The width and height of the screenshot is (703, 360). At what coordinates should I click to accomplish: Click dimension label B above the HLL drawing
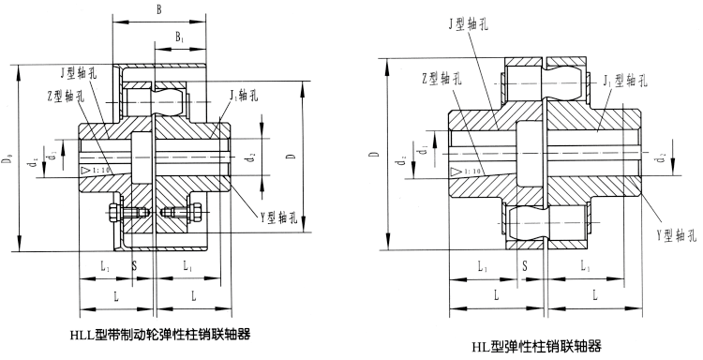coord(158,10)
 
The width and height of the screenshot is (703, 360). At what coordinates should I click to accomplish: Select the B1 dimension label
coord(179,37)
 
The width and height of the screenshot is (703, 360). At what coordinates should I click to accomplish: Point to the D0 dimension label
coord(9,163)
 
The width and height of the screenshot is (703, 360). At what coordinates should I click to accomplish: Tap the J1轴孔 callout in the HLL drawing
coord(244,95)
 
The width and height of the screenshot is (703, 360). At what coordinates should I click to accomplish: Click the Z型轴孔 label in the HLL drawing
coord(65,96)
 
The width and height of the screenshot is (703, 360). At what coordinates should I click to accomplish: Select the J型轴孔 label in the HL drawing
coord(468,23)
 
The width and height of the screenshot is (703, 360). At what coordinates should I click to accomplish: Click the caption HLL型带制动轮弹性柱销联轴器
coord(159,334)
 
